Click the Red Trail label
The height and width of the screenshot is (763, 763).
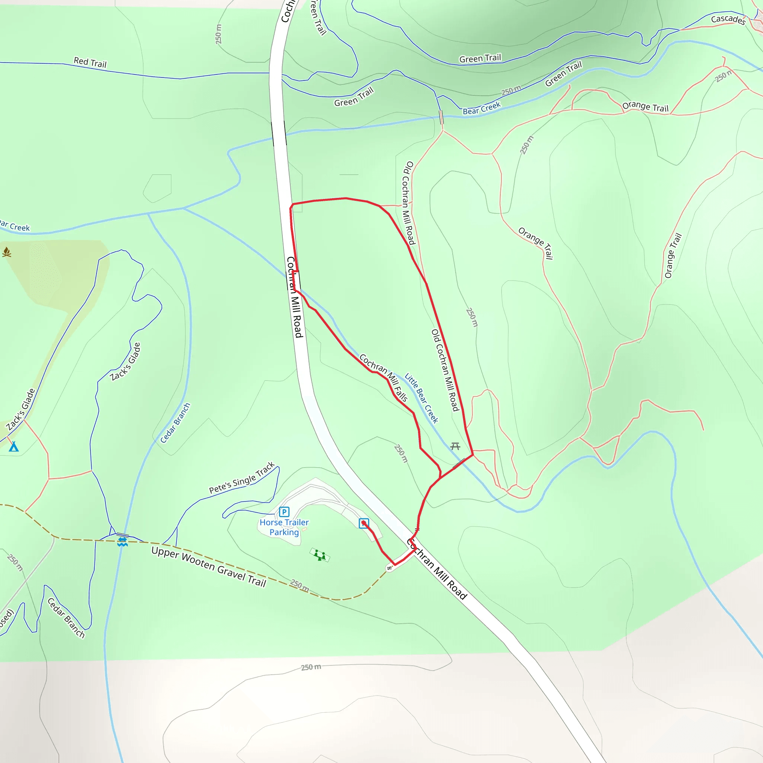point(90,62)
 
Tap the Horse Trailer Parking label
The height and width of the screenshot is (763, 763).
point(284,527)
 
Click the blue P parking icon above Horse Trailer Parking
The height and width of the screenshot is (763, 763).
point(284,512)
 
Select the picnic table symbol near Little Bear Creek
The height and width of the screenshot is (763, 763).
point(455,446)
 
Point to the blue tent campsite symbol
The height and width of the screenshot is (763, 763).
point(14,447)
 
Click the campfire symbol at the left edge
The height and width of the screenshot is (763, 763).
point(6,252)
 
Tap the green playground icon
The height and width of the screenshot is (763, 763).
point(320,555)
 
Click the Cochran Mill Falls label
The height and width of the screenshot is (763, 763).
point(383,377)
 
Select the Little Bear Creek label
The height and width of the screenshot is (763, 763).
point(421,398)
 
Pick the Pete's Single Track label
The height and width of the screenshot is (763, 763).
point(242,478)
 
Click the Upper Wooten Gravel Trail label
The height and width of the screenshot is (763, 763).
point(209,567)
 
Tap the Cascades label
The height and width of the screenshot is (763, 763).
point(728,19)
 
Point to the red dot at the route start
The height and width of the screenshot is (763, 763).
point(363,523)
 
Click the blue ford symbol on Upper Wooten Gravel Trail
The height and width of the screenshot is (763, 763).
point(123,541)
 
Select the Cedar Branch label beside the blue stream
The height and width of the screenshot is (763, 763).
point(175,423)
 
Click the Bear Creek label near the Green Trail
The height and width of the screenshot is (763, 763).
point(481,108)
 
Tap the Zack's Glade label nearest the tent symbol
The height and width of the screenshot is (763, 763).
point(20,409)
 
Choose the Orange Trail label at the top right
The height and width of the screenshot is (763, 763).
point(645,107)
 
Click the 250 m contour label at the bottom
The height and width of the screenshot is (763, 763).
point(311,667)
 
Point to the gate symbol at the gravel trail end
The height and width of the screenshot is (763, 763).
point(390,568)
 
